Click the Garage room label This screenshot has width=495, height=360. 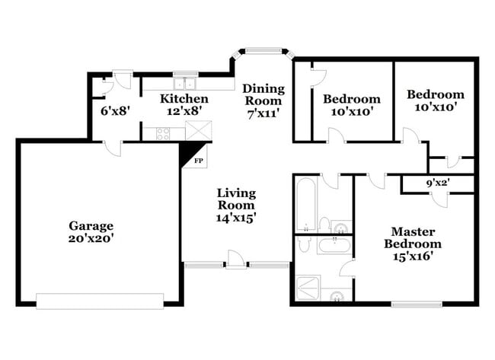pos(91,225)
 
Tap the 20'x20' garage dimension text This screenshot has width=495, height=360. pos(91,238)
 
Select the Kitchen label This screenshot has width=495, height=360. pos(184,99)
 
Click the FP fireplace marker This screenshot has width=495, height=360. pos(198,161)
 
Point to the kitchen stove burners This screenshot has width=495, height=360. pos(163,133)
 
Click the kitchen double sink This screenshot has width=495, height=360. pos(184,82)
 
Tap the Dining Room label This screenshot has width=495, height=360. pos(263,94)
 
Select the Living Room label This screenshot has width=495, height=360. pos(235,199)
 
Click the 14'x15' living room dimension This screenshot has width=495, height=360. pos(235,218)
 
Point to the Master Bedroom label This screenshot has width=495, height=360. pos(412,237)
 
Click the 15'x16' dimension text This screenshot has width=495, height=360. pos(412,257)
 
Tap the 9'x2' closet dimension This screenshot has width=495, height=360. pos(439,183)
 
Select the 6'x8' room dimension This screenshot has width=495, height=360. pos(116,110)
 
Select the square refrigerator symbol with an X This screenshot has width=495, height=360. pos(198,131)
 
